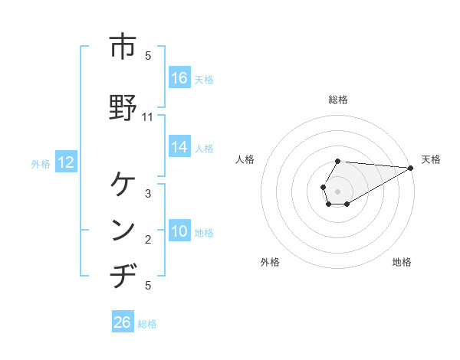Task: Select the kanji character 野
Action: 122,106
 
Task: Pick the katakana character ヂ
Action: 122,276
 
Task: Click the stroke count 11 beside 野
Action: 148,117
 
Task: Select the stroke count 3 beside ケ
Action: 148,194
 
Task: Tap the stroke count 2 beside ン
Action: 148,241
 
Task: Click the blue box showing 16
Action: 179,78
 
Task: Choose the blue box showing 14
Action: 179,147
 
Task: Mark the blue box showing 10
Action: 179,231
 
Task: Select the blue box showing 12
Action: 65,162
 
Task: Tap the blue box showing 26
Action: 123,322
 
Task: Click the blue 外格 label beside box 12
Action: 41,163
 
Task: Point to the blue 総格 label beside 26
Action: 147,324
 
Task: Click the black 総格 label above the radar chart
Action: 338,100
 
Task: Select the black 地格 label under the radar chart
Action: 402,262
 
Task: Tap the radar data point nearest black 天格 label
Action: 411,168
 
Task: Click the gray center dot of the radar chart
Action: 338,191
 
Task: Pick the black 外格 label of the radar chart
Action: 270,262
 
